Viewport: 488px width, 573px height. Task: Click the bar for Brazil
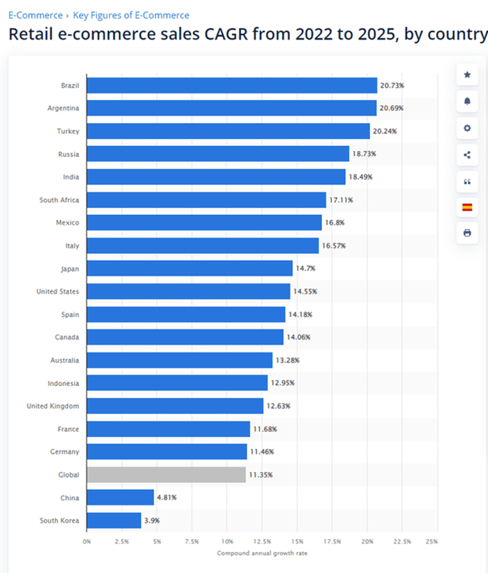click(x=231, y=85)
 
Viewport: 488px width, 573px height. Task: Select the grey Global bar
click(x=166, y=475)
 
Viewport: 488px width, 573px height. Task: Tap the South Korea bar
click(x=114, y=521)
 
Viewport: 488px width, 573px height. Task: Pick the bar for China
click(x=120, y=498)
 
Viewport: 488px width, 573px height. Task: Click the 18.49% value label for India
click(x=360, y=177)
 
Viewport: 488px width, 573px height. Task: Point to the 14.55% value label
click(x=305, y=292)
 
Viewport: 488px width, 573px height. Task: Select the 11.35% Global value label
click(x=260, y=475)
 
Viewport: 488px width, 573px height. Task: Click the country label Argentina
click(x=63, y=108)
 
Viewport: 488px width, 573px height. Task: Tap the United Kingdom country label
click(x=53, y=406)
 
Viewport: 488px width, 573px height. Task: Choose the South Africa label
click(x=59, y=200)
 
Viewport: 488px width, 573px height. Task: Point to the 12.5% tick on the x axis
click(x=262, y=542)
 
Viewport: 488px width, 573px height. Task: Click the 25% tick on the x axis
click(x=432, y=542)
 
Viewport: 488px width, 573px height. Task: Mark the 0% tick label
click(x=87, y=542)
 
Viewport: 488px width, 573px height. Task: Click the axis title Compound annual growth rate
click(x=262, y=553)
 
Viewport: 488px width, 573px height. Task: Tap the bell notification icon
click(x=467, y=102)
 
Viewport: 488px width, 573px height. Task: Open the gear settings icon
click(x=467, y=128)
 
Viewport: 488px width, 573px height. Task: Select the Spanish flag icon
click(x=467, y=207)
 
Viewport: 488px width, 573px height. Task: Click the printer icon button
click(x=467, y=233)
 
